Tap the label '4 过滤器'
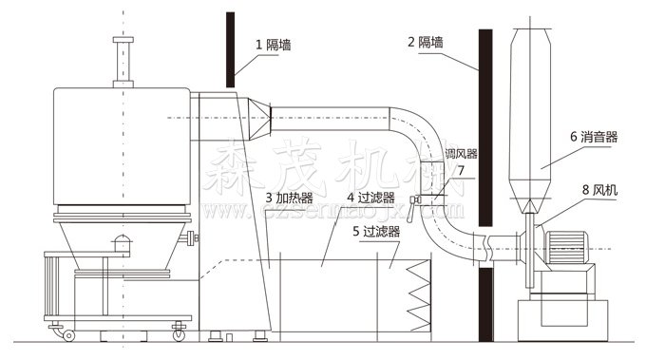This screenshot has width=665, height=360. pos(370,198)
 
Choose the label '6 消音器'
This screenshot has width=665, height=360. pos(594,136)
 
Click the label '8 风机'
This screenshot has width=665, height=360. pos(598,190)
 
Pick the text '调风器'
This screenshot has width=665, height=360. pos(462,153)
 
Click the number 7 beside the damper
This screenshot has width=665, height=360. pos(460,171)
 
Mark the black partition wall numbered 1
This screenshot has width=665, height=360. pos(230,47)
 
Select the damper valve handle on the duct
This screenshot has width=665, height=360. pos(415,199)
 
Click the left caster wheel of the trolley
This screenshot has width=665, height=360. pos(67,335)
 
